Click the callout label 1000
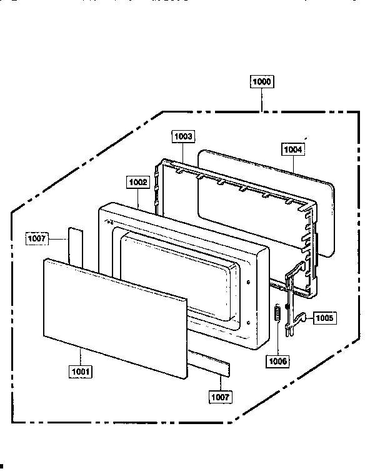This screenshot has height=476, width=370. [262, 82]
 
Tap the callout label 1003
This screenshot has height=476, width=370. [183, 136]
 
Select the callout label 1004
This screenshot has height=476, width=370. [293, 149]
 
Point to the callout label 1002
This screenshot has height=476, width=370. [138, 182]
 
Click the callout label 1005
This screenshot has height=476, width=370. [324, 318]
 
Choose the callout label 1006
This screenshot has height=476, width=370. [277, 362]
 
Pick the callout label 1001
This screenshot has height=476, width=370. [81, 372]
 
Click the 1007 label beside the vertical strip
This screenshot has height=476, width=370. [37, 238]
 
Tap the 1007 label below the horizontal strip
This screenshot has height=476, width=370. [221, 397]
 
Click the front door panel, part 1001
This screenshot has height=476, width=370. [115, 319]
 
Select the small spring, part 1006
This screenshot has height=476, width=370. [277, 313]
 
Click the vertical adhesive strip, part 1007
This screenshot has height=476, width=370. [76, 248]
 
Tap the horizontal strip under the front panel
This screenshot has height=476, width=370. [209, 363]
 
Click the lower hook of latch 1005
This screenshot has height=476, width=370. [300, 318]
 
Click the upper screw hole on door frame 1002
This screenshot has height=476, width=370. [248, 282]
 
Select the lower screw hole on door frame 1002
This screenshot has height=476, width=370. [248, 323]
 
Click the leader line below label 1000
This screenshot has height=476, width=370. [262, 100]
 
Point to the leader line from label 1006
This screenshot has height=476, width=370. [277, 338]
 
